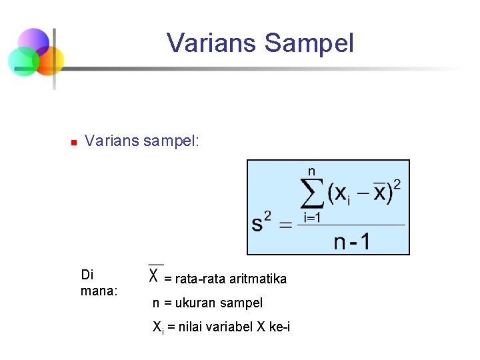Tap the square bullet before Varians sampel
pyautogui.click(x=73, y=142)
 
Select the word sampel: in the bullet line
pyautogui.click(x=171, y=141)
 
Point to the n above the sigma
pyautogui.click(x=311, y=171)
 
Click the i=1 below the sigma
pyautogui.click(x=313, y=217)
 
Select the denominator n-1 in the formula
pyautogui.click(x=351, y=241)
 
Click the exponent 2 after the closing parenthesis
pyautogui.click(x=397, y=184)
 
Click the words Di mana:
pyautogui.click(x=98, y=283)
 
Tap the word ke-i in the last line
pyautogui.click(x=279, y=327)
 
